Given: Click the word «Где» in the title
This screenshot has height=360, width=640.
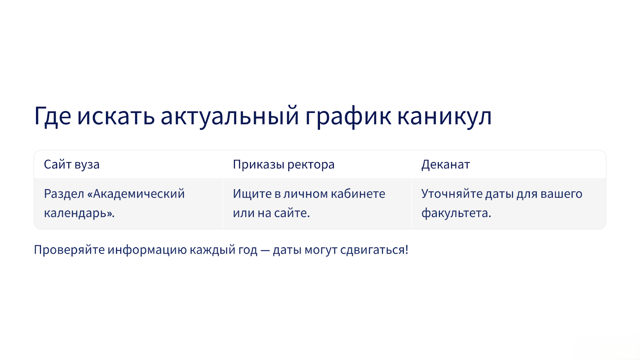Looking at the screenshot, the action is point(52,116).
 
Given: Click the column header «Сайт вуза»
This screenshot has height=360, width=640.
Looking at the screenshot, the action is point(72,165).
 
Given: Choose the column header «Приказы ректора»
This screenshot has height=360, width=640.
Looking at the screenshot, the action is point(284,165).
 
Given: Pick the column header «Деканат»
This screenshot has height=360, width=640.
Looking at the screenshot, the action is point(446,165).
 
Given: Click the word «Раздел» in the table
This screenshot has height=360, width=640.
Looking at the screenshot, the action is point(64,194).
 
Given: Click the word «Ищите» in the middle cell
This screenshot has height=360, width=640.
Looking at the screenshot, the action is point(252,194).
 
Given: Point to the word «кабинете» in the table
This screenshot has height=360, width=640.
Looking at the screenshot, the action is point(358,194).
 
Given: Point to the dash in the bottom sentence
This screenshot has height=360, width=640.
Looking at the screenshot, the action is point(265,250).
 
